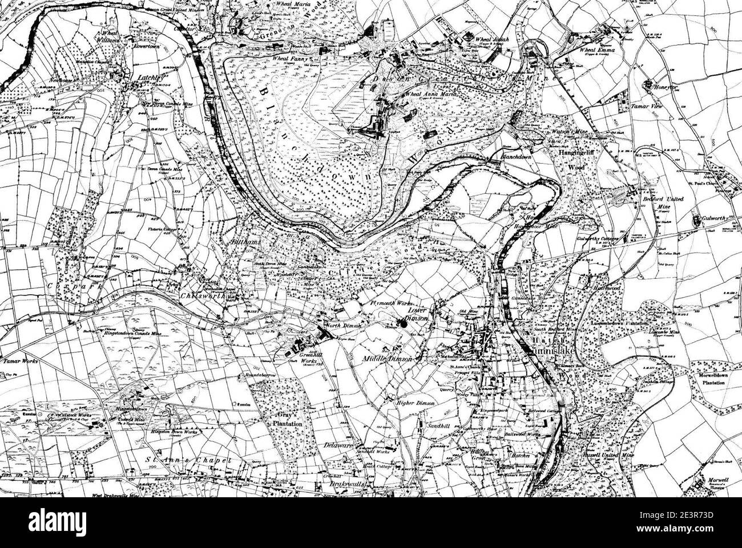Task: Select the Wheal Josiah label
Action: coord(489,40)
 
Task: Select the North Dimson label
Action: coord(340,326)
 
